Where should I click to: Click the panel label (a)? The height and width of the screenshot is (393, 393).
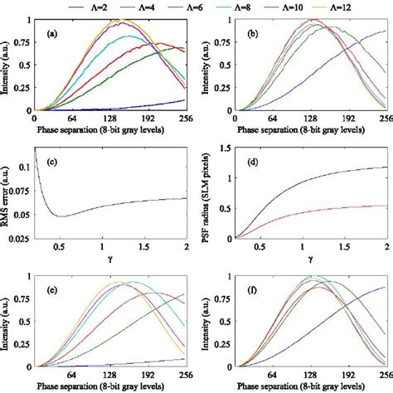(x=51, y=36)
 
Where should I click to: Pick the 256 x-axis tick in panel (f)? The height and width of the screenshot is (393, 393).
(x=382, y=373)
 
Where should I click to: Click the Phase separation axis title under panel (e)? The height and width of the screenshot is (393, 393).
(x=113, y=385)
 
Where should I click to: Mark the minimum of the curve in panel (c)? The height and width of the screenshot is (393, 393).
(x=59, y=216)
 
